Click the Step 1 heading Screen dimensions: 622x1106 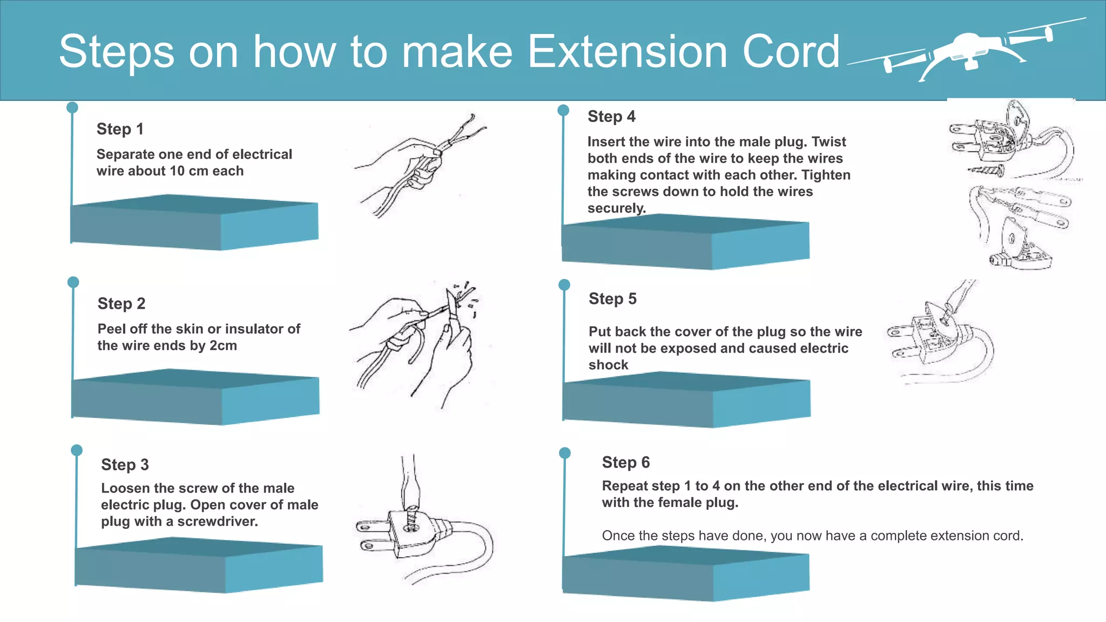120,129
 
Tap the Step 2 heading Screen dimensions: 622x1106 122,303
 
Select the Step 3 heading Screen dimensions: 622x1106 125,464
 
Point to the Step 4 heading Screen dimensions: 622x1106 611,117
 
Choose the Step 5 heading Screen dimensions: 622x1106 612,299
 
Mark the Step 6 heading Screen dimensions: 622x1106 626,462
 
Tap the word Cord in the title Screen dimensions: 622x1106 791,51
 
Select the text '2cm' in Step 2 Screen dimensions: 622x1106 223,346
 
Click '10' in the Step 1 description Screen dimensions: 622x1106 177,171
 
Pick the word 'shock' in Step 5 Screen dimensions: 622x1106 608,365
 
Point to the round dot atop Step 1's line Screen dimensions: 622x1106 72,107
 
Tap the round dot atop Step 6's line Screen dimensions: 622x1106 565,453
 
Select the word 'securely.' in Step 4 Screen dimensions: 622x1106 616,208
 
